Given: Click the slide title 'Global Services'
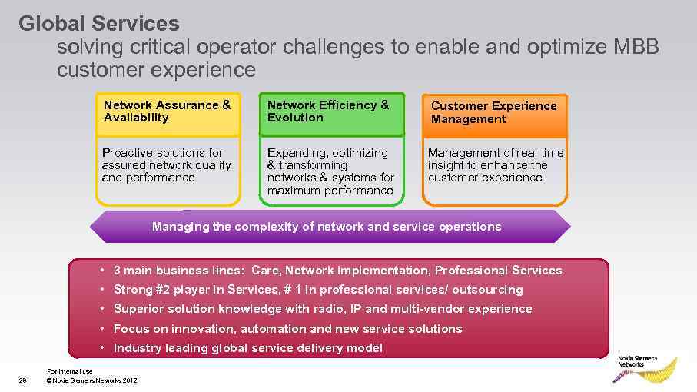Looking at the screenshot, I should pos(98,24).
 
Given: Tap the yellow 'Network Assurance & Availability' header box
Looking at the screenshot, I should pos(168,112).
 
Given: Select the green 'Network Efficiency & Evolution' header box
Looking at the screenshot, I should pos(330,112).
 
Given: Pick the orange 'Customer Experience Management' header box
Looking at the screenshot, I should pos(494,113).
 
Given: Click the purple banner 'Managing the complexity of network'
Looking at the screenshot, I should pos(327,227).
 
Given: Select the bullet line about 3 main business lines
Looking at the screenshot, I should pos(337,271).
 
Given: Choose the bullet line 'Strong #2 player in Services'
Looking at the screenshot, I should pos(317,290).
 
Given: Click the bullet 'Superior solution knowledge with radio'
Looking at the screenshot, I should pos(322,309).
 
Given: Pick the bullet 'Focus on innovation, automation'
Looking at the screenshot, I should pos(287,329).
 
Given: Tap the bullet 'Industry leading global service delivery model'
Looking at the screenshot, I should pos(247,348).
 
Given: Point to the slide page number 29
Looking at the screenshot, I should pos(22,380).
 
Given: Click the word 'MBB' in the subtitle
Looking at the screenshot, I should pos(636,48).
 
